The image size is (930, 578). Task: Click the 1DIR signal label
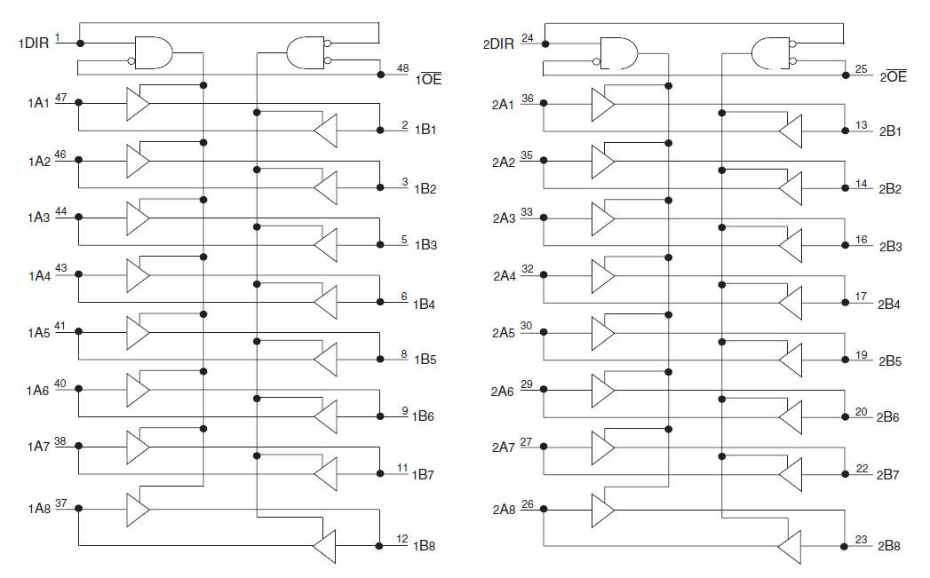[34, 44]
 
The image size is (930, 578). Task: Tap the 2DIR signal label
[498, 44]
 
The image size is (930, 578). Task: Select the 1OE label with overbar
[429, 79]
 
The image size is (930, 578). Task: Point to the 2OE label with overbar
[894, 76]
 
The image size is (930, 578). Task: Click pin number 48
[402, 68]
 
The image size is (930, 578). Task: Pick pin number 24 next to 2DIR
[528, 38]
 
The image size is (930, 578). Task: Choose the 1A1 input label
[38, 103]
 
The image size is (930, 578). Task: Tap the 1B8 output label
[424, 546]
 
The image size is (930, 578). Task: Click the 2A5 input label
[504, 333]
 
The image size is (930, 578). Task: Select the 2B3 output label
[890, 247]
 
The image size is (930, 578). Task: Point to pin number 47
[61, 98]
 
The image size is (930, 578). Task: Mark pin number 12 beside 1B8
[402, 539]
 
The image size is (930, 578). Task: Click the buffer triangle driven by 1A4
[138, 275]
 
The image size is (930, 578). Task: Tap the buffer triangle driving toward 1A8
[324, 546]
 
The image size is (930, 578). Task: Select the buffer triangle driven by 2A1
[603, 104]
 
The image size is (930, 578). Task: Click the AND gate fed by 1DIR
[154, 52]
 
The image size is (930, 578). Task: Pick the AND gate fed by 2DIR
[618, 54]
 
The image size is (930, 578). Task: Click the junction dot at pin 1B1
[380, 131]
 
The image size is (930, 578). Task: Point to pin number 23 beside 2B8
[862, 540]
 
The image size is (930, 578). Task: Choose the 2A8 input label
[505, 510]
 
